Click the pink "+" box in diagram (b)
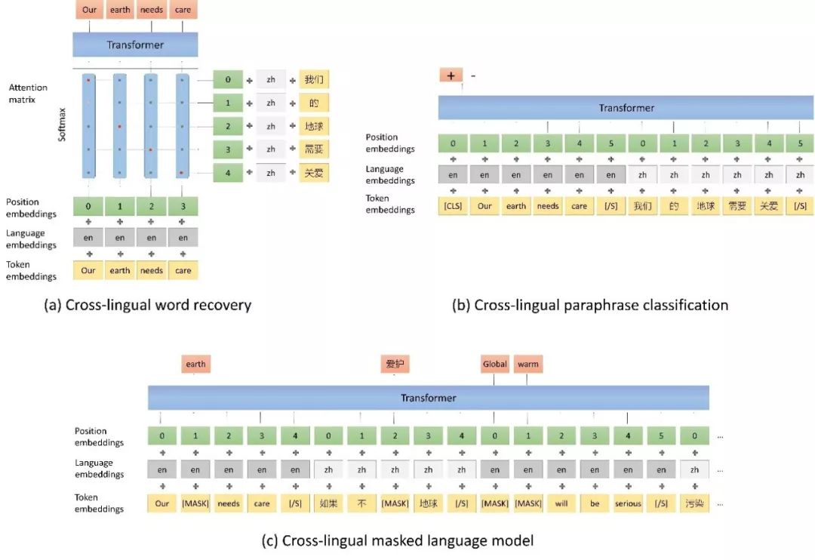click(x=451, y=75)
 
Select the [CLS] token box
click(x=452, y=205)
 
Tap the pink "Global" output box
click(x=494, y=364)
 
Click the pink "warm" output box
click(x=527, y=364)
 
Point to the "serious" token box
click(x=627, y=503)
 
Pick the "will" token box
click(x=561, y=503)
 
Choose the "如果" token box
click(x=328, y=503)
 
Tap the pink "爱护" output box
click(x=395, y=364)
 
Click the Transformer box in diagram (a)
click(x=135, y=45)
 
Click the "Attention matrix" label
click(x=28, y=94)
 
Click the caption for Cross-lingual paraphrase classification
click(x=589, y=305)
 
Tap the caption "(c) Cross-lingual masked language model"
click(x=398, y=540)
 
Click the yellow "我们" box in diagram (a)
click(x=313, y=79)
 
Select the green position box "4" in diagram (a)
click(x=227, y=173)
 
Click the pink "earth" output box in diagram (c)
click(x=195, y=364)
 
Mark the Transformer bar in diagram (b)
click(x=626, y=107)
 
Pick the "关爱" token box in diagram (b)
click(x=768, y=205)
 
